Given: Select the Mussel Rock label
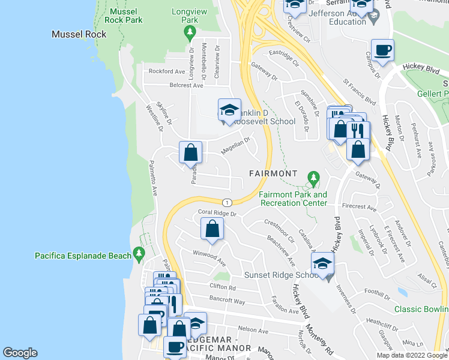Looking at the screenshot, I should tap(79, 34).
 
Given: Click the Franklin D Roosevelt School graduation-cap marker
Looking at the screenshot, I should tap(229, 110).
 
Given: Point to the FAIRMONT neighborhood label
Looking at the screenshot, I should tap(273, 173).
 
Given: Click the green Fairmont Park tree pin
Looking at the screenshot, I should tap(313, 178).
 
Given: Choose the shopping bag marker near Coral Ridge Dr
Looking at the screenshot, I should tap(212, 229).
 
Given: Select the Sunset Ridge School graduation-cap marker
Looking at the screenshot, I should tap(322, 263).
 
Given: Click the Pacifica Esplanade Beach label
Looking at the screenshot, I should tap(82, 256).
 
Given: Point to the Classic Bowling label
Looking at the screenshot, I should tap(421, 310).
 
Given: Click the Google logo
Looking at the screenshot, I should tap(20, 353).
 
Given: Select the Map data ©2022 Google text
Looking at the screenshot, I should tap(412, 355).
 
